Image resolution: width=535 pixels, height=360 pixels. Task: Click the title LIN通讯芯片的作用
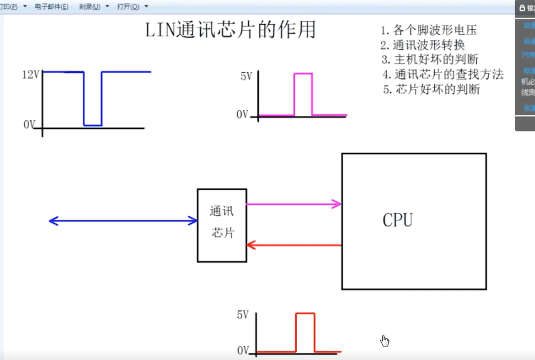point(230,30)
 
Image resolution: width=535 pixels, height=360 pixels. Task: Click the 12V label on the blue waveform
point(30,75)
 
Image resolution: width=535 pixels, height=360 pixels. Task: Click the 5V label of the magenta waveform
point(246,76)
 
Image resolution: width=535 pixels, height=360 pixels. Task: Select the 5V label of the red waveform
point(242,315)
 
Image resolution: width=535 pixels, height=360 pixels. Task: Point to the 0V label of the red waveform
point(242,350)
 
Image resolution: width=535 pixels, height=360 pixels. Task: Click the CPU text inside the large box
point(397,220)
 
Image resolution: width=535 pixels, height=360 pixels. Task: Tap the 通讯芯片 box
point(222,225)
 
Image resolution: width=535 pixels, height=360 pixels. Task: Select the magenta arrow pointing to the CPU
point(293,204)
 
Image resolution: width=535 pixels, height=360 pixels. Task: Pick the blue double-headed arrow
point(122,221)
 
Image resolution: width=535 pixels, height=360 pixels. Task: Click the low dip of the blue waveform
point(93,125)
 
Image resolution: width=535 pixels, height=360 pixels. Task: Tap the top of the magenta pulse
point(303,74)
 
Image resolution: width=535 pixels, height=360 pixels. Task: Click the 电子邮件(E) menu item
point(51,7)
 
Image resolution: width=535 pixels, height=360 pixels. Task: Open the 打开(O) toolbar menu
point(128,7)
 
